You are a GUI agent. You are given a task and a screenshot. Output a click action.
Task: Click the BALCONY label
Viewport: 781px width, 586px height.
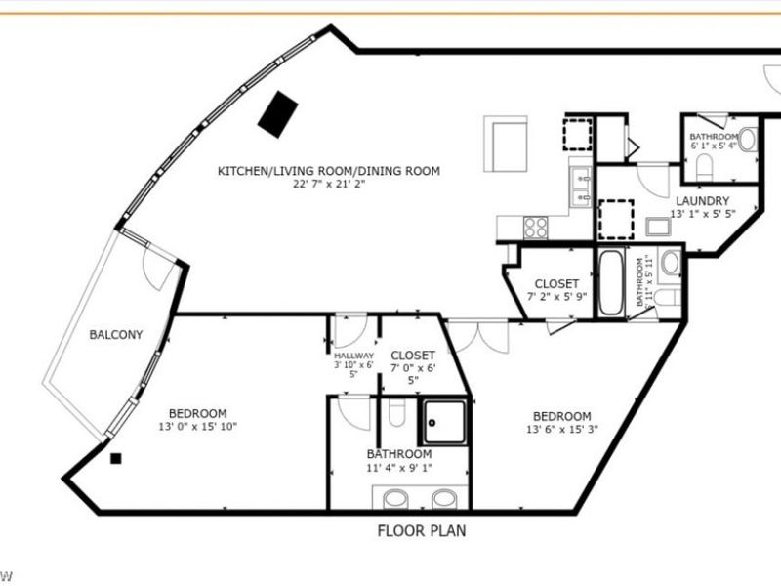[x=116, y=335]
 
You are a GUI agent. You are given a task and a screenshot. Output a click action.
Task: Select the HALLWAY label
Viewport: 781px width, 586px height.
[x=353, y=356]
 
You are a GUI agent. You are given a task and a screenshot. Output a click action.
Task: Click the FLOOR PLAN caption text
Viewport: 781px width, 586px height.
[x=422, y=532]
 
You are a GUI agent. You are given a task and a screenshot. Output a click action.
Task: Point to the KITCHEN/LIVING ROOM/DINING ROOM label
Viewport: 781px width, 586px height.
[x=328, y=171]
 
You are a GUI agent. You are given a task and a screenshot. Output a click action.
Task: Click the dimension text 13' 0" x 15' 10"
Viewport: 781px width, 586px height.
[x=197, y=426]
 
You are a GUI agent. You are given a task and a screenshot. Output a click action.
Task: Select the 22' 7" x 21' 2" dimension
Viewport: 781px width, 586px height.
[x=328, y=184]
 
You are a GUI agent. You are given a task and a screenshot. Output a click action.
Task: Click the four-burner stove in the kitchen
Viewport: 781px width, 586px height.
[x=536, y=227]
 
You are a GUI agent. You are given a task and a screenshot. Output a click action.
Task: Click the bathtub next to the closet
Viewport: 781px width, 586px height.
[x=611, y=283]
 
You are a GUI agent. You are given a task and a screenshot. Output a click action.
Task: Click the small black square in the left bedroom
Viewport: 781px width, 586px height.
[x=116, y=458]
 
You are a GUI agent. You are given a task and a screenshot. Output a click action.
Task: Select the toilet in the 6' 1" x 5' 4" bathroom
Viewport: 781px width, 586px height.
[x=748, y=140]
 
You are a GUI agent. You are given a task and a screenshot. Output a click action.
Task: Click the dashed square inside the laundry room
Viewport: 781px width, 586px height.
[x=617, y=219]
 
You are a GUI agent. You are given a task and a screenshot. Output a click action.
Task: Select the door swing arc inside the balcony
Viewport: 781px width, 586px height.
[x=157, y=264]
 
